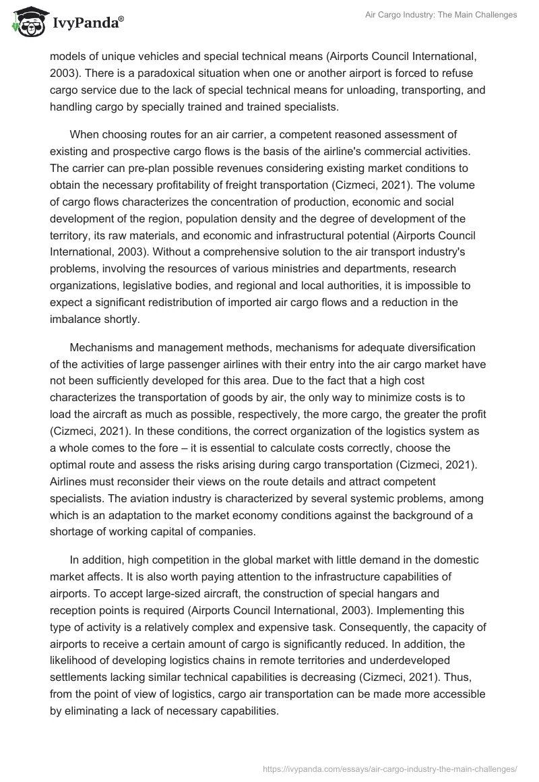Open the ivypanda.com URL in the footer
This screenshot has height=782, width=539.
click(x=390, y=768)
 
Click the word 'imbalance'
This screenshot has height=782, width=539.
click(x=73, y=320)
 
